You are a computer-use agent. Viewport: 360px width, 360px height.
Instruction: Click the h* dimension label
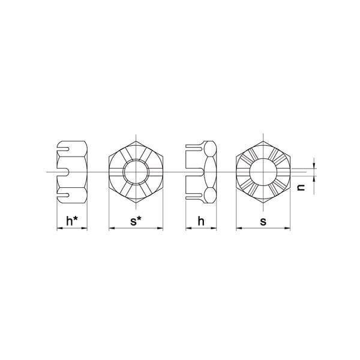point(71,221)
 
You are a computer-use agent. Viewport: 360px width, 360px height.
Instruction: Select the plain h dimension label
point(201,221)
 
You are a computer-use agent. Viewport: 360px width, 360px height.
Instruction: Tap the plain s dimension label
point(263,222)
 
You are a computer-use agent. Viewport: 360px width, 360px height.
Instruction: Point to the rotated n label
point(301,188)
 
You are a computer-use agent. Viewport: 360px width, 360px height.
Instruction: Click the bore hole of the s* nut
point(136,172)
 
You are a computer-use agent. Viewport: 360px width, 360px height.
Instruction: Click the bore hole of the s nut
point(263,172)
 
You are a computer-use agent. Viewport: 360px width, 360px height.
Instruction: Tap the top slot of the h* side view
point(62,149)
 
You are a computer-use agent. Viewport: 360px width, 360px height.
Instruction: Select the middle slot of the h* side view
point(62,172)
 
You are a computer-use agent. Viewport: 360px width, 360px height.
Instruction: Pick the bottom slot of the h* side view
point(62,195)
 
